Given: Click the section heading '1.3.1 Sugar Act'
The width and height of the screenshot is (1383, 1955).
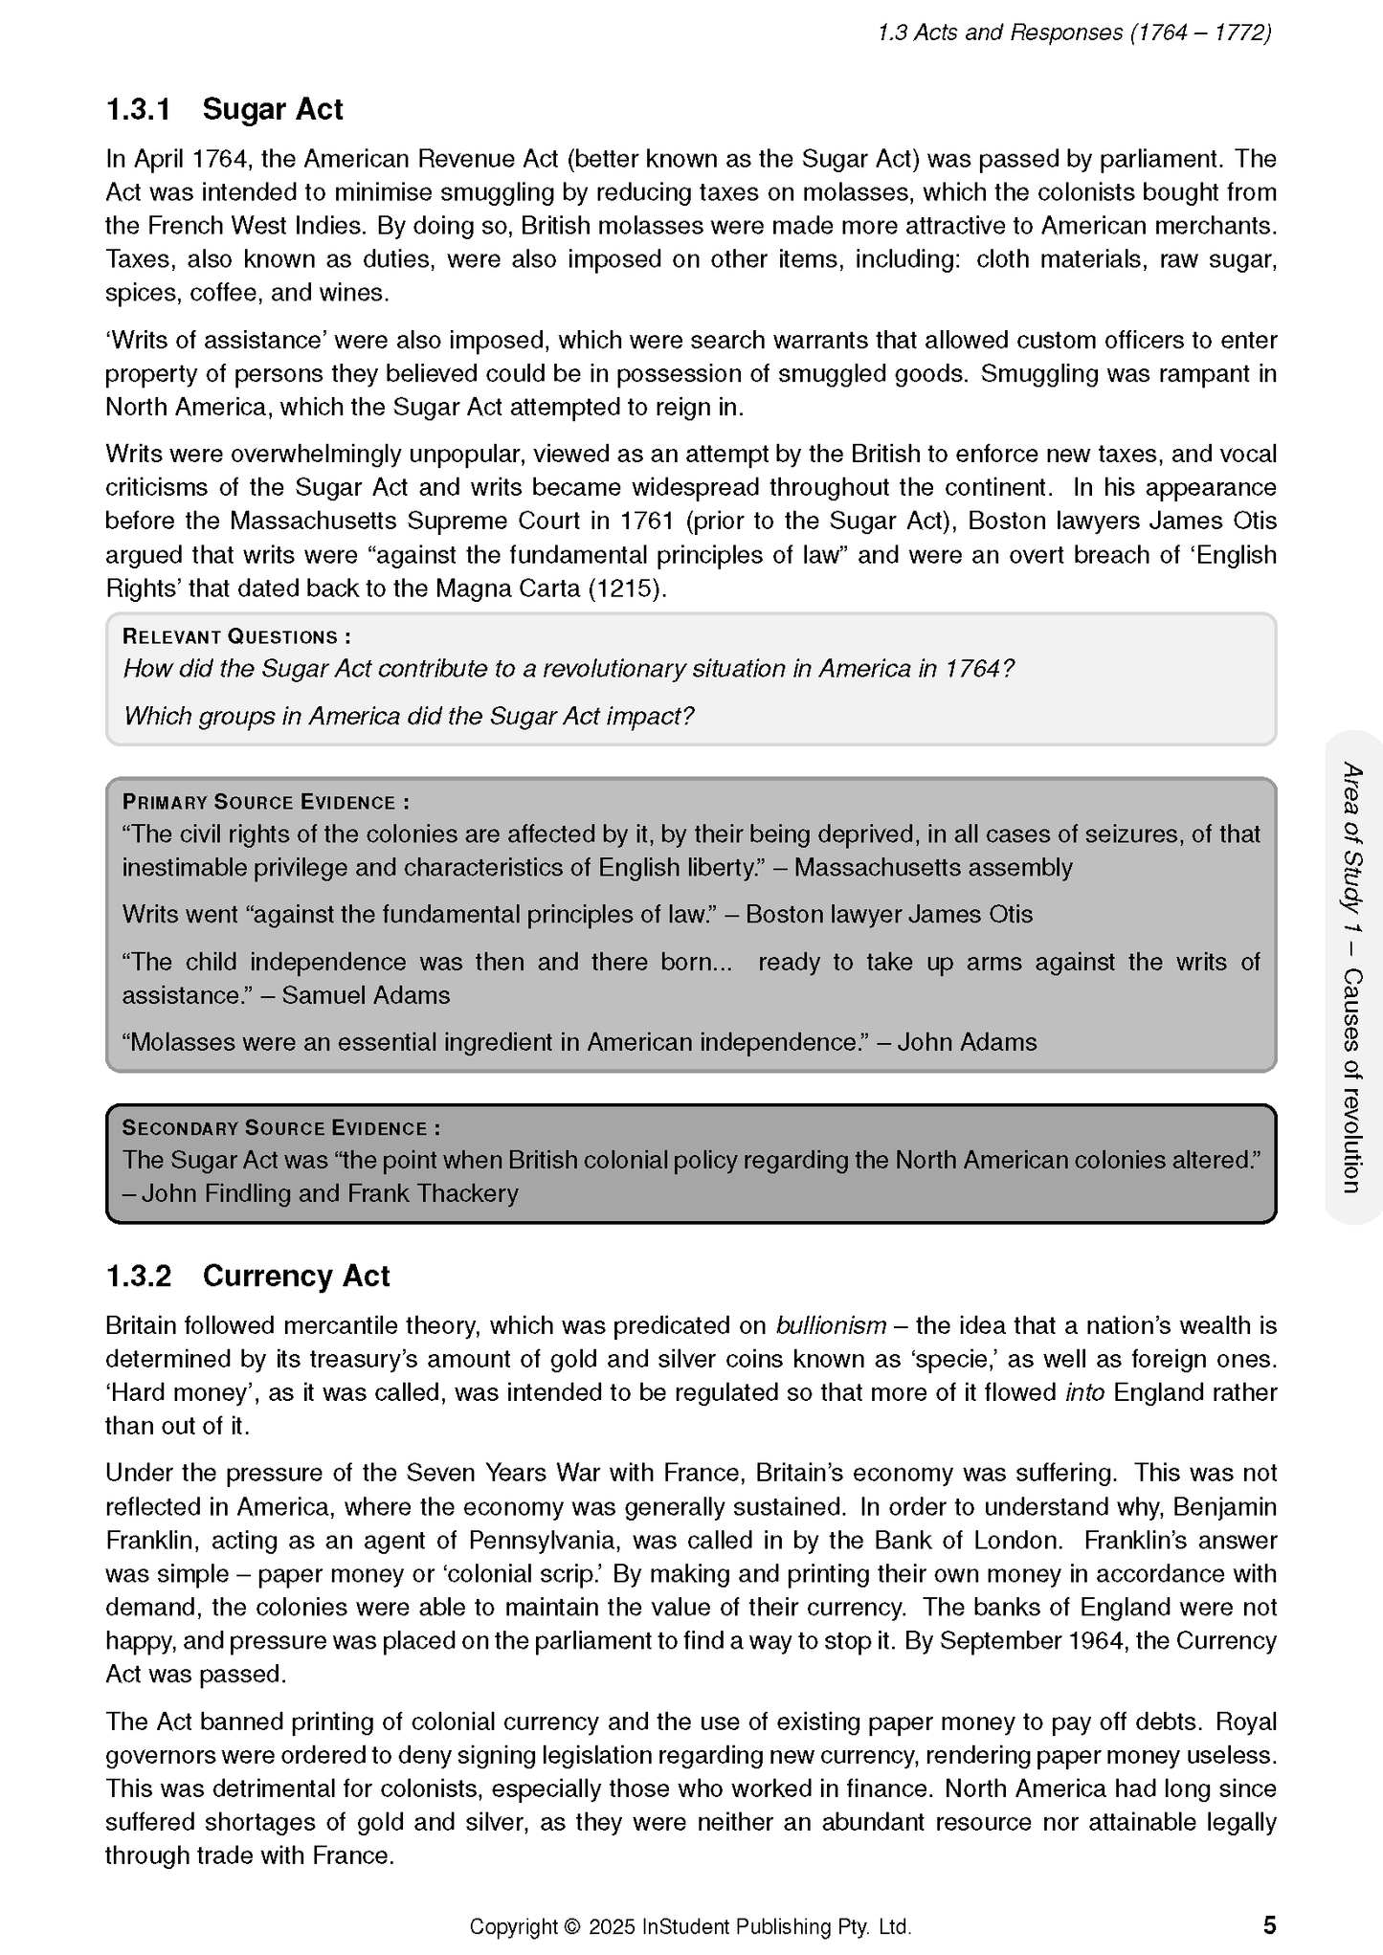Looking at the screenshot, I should (x=224, y=110).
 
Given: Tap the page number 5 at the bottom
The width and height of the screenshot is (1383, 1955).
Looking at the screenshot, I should (x=1269, y=1924).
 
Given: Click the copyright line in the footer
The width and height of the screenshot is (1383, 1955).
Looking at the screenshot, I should (x=690, y=1926).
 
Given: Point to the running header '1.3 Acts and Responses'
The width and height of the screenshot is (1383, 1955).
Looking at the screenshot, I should (x=1074, y=33).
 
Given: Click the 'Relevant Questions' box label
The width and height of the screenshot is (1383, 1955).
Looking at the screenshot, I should (x=236, y=637).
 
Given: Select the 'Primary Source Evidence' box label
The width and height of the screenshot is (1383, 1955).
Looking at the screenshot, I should (x=265, y=803).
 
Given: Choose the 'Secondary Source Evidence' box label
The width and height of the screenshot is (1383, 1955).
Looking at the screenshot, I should (x=280, y=1128).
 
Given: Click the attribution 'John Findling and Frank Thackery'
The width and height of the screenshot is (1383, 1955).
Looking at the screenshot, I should (x=329, y=1193).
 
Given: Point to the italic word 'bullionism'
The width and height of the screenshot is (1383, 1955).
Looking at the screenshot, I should (x=830, y=1325).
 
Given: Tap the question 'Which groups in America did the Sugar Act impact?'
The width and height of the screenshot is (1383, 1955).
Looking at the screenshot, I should (x=408, y=716).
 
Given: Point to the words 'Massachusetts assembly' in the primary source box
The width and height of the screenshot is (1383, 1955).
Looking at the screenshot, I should (x=933, y=868).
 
